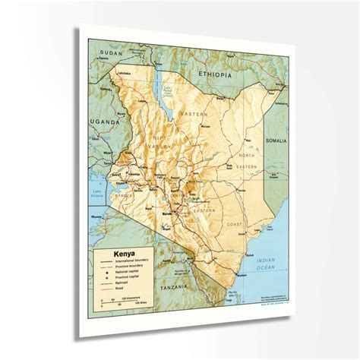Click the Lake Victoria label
click(x=98, y=191)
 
